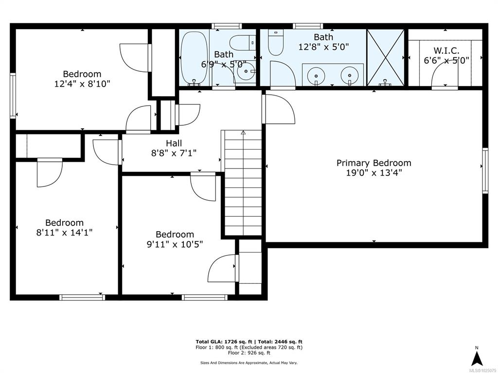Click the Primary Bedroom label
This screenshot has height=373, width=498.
point(374,163)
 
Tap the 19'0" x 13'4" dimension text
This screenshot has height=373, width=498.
point(374,173)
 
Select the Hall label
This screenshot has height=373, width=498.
point(174,143)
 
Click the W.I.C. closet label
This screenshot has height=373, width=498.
point(446,51)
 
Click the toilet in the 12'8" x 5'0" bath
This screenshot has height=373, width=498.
point(276,43)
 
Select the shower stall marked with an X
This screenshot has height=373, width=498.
point(386,57)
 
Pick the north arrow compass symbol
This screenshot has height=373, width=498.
point(477,356)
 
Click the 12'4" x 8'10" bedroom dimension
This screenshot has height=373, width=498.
point(82,84)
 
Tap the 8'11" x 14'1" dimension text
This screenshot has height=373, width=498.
point(65,233)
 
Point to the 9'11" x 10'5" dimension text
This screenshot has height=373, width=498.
point(175,245)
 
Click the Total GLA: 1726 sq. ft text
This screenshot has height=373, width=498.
point(224,341)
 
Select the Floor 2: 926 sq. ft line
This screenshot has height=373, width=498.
point(249,353)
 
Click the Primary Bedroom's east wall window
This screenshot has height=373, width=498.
point(485,170)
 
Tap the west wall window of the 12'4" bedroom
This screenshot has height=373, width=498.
point(13,96)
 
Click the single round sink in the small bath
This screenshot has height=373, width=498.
point(246,72)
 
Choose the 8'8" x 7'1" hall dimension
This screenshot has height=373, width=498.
point(174,153)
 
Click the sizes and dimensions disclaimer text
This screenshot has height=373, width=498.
point(249,362)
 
